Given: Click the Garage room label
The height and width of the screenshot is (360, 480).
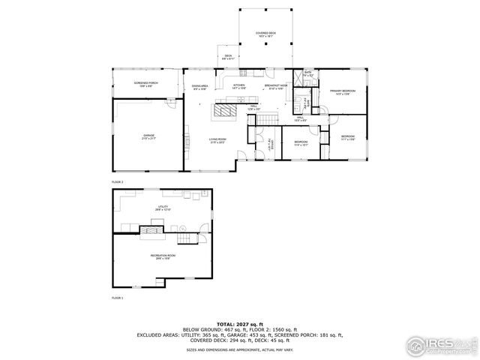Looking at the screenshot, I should pos(149,137).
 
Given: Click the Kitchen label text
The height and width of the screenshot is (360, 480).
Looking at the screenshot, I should pos(239,87).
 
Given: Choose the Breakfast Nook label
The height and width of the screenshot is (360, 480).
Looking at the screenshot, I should pos(275,87).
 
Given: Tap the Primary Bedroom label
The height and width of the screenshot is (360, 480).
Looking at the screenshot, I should pos(342,92).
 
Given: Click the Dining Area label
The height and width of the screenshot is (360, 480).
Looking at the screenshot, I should pos(199,87).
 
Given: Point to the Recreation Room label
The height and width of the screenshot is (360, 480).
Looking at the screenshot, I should pos(162,256).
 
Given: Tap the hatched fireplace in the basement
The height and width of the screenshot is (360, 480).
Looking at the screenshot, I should pos(156,232).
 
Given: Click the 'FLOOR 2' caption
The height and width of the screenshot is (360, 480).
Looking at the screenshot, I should pos(117,182).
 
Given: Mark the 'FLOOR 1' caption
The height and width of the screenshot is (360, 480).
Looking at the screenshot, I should pos(117,298).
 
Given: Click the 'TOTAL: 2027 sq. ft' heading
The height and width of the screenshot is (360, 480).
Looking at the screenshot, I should pos(240,322).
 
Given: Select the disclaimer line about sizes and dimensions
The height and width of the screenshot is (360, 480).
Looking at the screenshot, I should pos(240,349).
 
